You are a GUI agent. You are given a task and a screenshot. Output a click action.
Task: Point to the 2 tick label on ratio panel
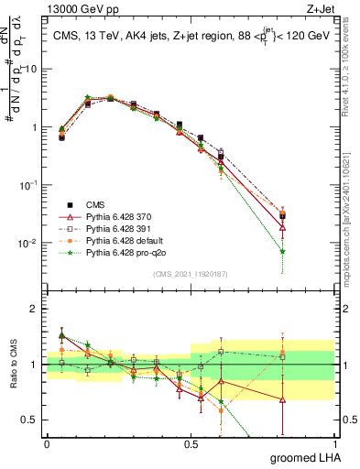coord(35,309)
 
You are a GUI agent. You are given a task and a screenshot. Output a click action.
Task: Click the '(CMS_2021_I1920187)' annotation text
coord(190,274)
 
